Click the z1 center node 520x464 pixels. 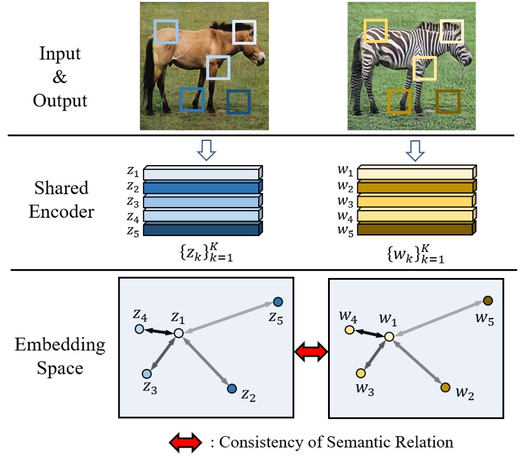tap(179, 333)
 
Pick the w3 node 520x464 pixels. tap(360, 373)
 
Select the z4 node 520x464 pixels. tap(140, 329)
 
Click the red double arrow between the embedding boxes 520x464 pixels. tap(311, 350)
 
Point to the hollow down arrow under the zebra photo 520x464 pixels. tap(414, 150)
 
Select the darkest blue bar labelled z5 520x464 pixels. tap(201, 230)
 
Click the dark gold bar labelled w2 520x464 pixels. tap(414, 187)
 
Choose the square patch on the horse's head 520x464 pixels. tap(243, 32)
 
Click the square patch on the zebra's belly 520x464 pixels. tap(425, 69)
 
